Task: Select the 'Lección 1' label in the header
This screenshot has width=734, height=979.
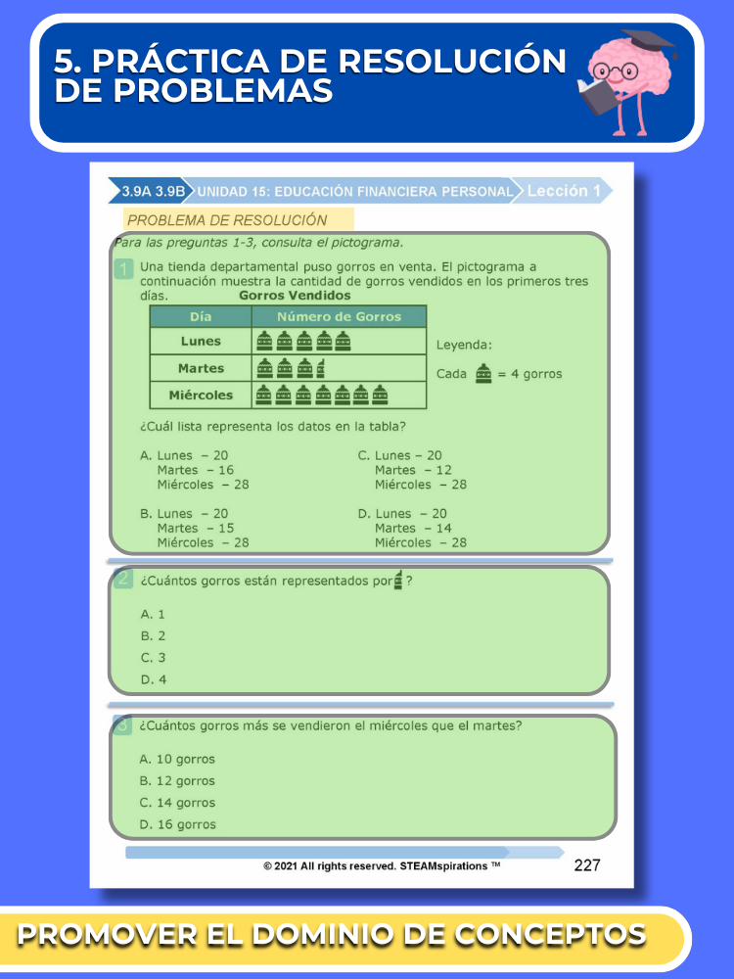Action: (563, 191)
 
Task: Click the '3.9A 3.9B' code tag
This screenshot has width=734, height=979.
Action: (153, 192)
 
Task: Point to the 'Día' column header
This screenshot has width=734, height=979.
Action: (201, 316)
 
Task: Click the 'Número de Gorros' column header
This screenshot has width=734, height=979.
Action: (339, 316)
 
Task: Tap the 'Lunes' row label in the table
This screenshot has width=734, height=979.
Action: (201, 342)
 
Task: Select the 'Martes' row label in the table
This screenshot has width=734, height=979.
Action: (201, 368)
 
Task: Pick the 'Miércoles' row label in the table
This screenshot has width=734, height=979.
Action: (201, 396)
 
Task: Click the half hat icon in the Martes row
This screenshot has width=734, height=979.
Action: (322, 368)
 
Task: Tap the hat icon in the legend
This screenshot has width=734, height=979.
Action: (482, 373)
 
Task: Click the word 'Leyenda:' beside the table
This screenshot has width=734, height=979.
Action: (464, 345)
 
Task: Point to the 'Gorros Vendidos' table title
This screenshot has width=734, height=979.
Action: (295, 295)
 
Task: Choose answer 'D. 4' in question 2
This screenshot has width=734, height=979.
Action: (154, 679)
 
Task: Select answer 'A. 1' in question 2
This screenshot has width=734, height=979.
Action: (154, 614)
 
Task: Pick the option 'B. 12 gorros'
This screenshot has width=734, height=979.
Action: (177, 781)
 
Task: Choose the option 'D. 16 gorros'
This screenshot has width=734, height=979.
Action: (177, 824)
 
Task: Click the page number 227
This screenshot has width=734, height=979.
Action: (587, 864)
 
